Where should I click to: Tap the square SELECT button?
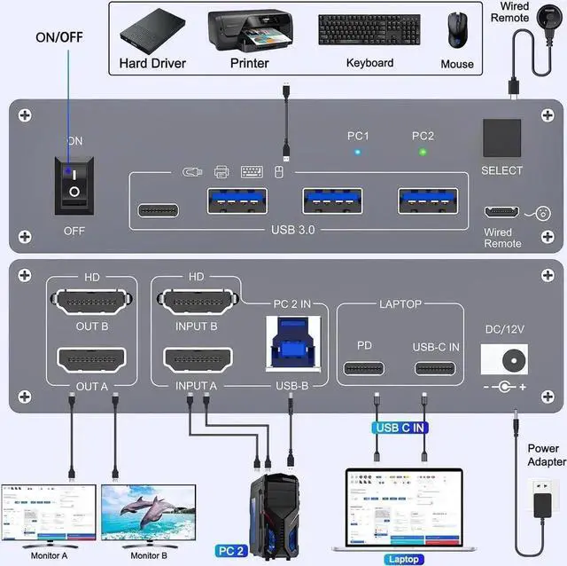(502, 138)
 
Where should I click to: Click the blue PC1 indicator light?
(357, 152)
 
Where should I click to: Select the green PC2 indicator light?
(423, 152)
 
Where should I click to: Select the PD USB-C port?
(364, 369)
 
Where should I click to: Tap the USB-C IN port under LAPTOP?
(435, 369)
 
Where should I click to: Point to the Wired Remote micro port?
(501, 213)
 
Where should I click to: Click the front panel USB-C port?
(159, 210)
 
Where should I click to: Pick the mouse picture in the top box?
(457, 29)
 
